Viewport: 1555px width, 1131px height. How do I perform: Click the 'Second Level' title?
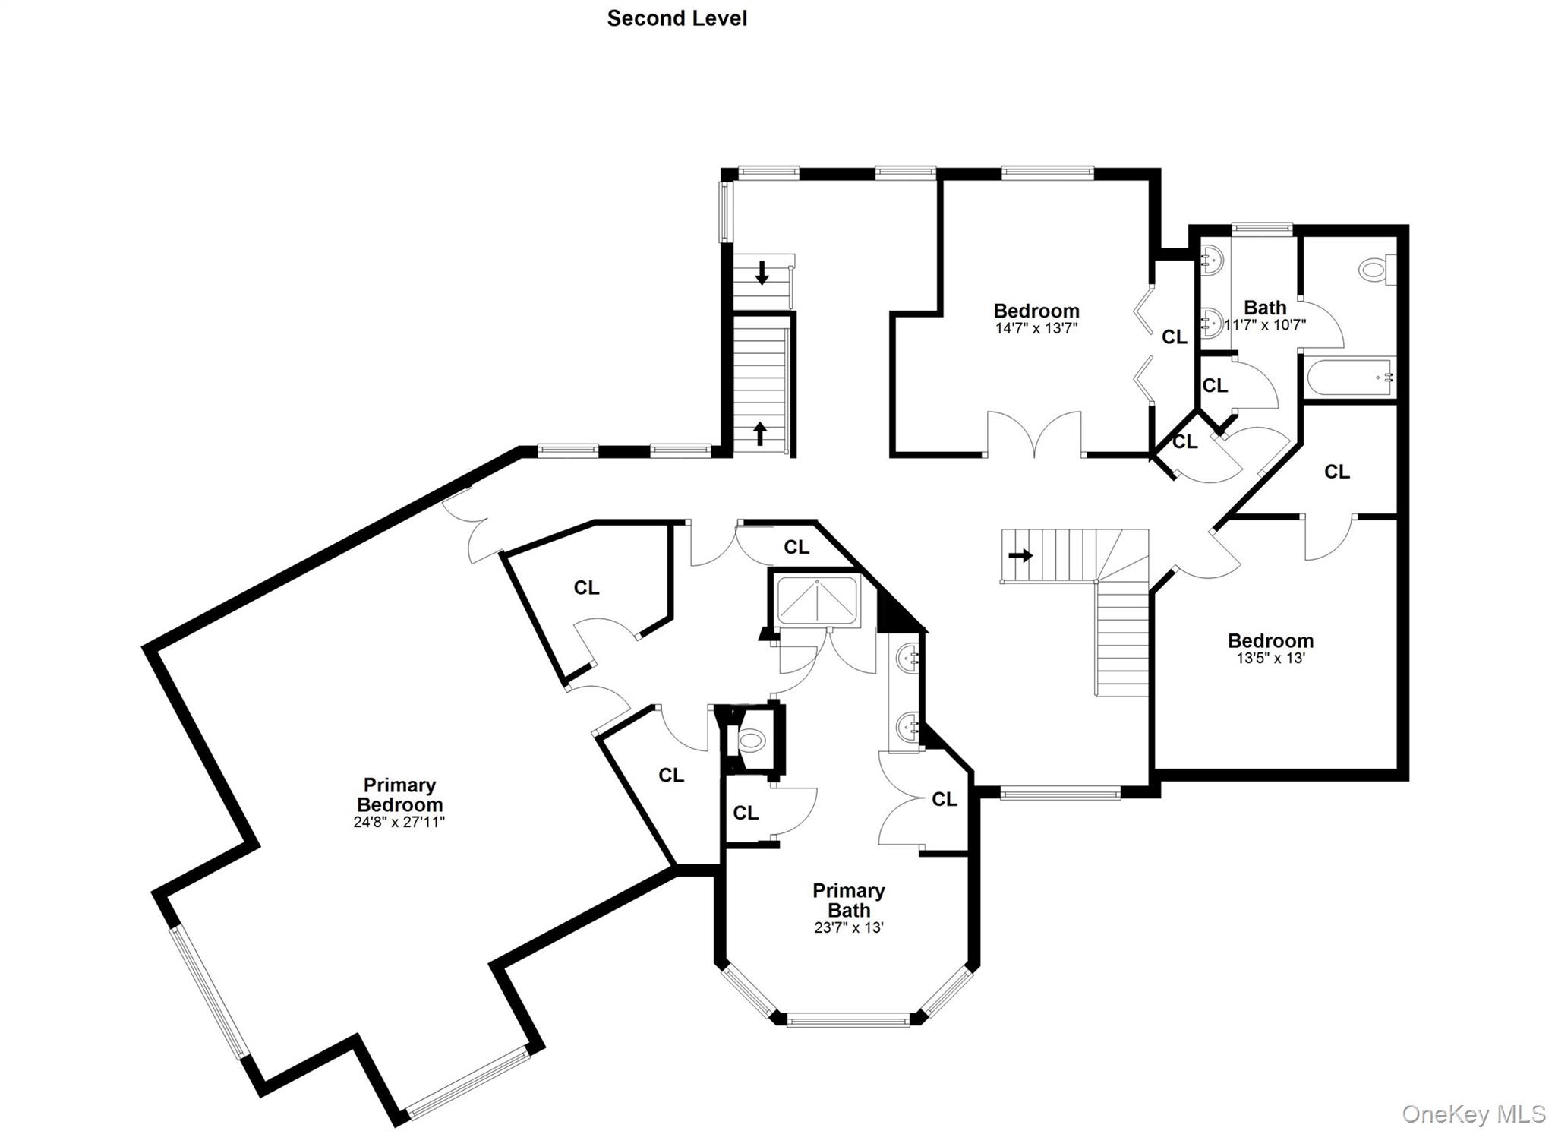(677, 18)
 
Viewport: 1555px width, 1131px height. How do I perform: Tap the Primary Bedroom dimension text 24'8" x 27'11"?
(399, 822)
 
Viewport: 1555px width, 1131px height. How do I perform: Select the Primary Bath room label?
(849, 900)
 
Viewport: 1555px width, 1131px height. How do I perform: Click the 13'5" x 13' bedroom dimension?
(1270, 658)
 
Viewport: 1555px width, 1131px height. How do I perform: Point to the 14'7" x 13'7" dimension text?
(1036, 328)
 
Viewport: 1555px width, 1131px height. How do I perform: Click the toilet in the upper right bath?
(1377, 270)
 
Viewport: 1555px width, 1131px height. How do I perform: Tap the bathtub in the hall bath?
(1351, 378)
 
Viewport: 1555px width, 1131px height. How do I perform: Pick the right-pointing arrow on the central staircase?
(1020, 555)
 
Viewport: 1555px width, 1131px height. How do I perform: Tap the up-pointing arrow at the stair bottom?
(759, 434)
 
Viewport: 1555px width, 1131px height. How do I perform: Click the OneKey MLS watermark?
(1473, 1114)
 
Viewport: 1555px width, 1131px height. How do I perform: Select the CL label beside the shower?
(796, 547)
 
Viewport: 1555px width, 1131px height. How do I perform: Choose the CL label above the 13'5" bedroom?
(1337, 472)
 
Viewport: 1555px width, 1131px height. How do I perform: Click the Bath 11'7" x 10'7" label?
(1265, 315)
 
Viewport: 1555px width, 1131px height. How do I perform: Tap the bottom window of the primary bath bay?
(848, 1020)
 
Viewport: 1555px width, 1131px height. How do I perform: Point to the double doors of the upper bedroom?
(1034, 434)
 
